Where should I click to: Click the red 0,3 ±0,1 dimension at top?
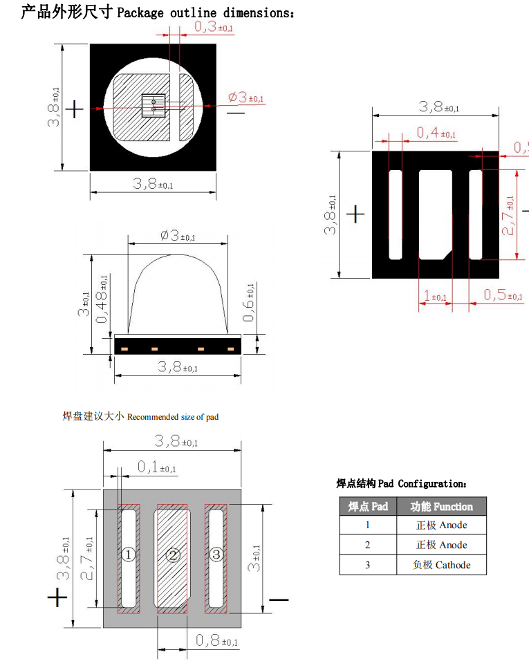213,27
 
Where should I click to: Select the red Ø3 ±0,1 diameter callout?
245,97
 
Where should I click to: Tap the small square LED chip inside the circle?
154,106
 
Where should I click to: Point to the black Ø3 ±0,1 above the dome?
177,236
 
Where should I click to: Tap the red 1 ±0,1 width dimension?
434,297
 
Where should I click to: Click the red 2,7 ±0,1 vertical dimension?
509,215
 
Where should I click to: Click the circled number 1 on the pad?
128,555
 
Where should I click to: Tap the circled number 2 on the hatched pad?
173,555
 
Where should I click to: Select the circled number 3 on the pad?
216,554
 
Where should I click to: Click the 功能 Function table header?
441,506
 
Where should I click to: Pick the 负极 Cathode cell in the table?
441,565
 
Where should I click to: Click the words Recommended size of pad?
173,417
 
